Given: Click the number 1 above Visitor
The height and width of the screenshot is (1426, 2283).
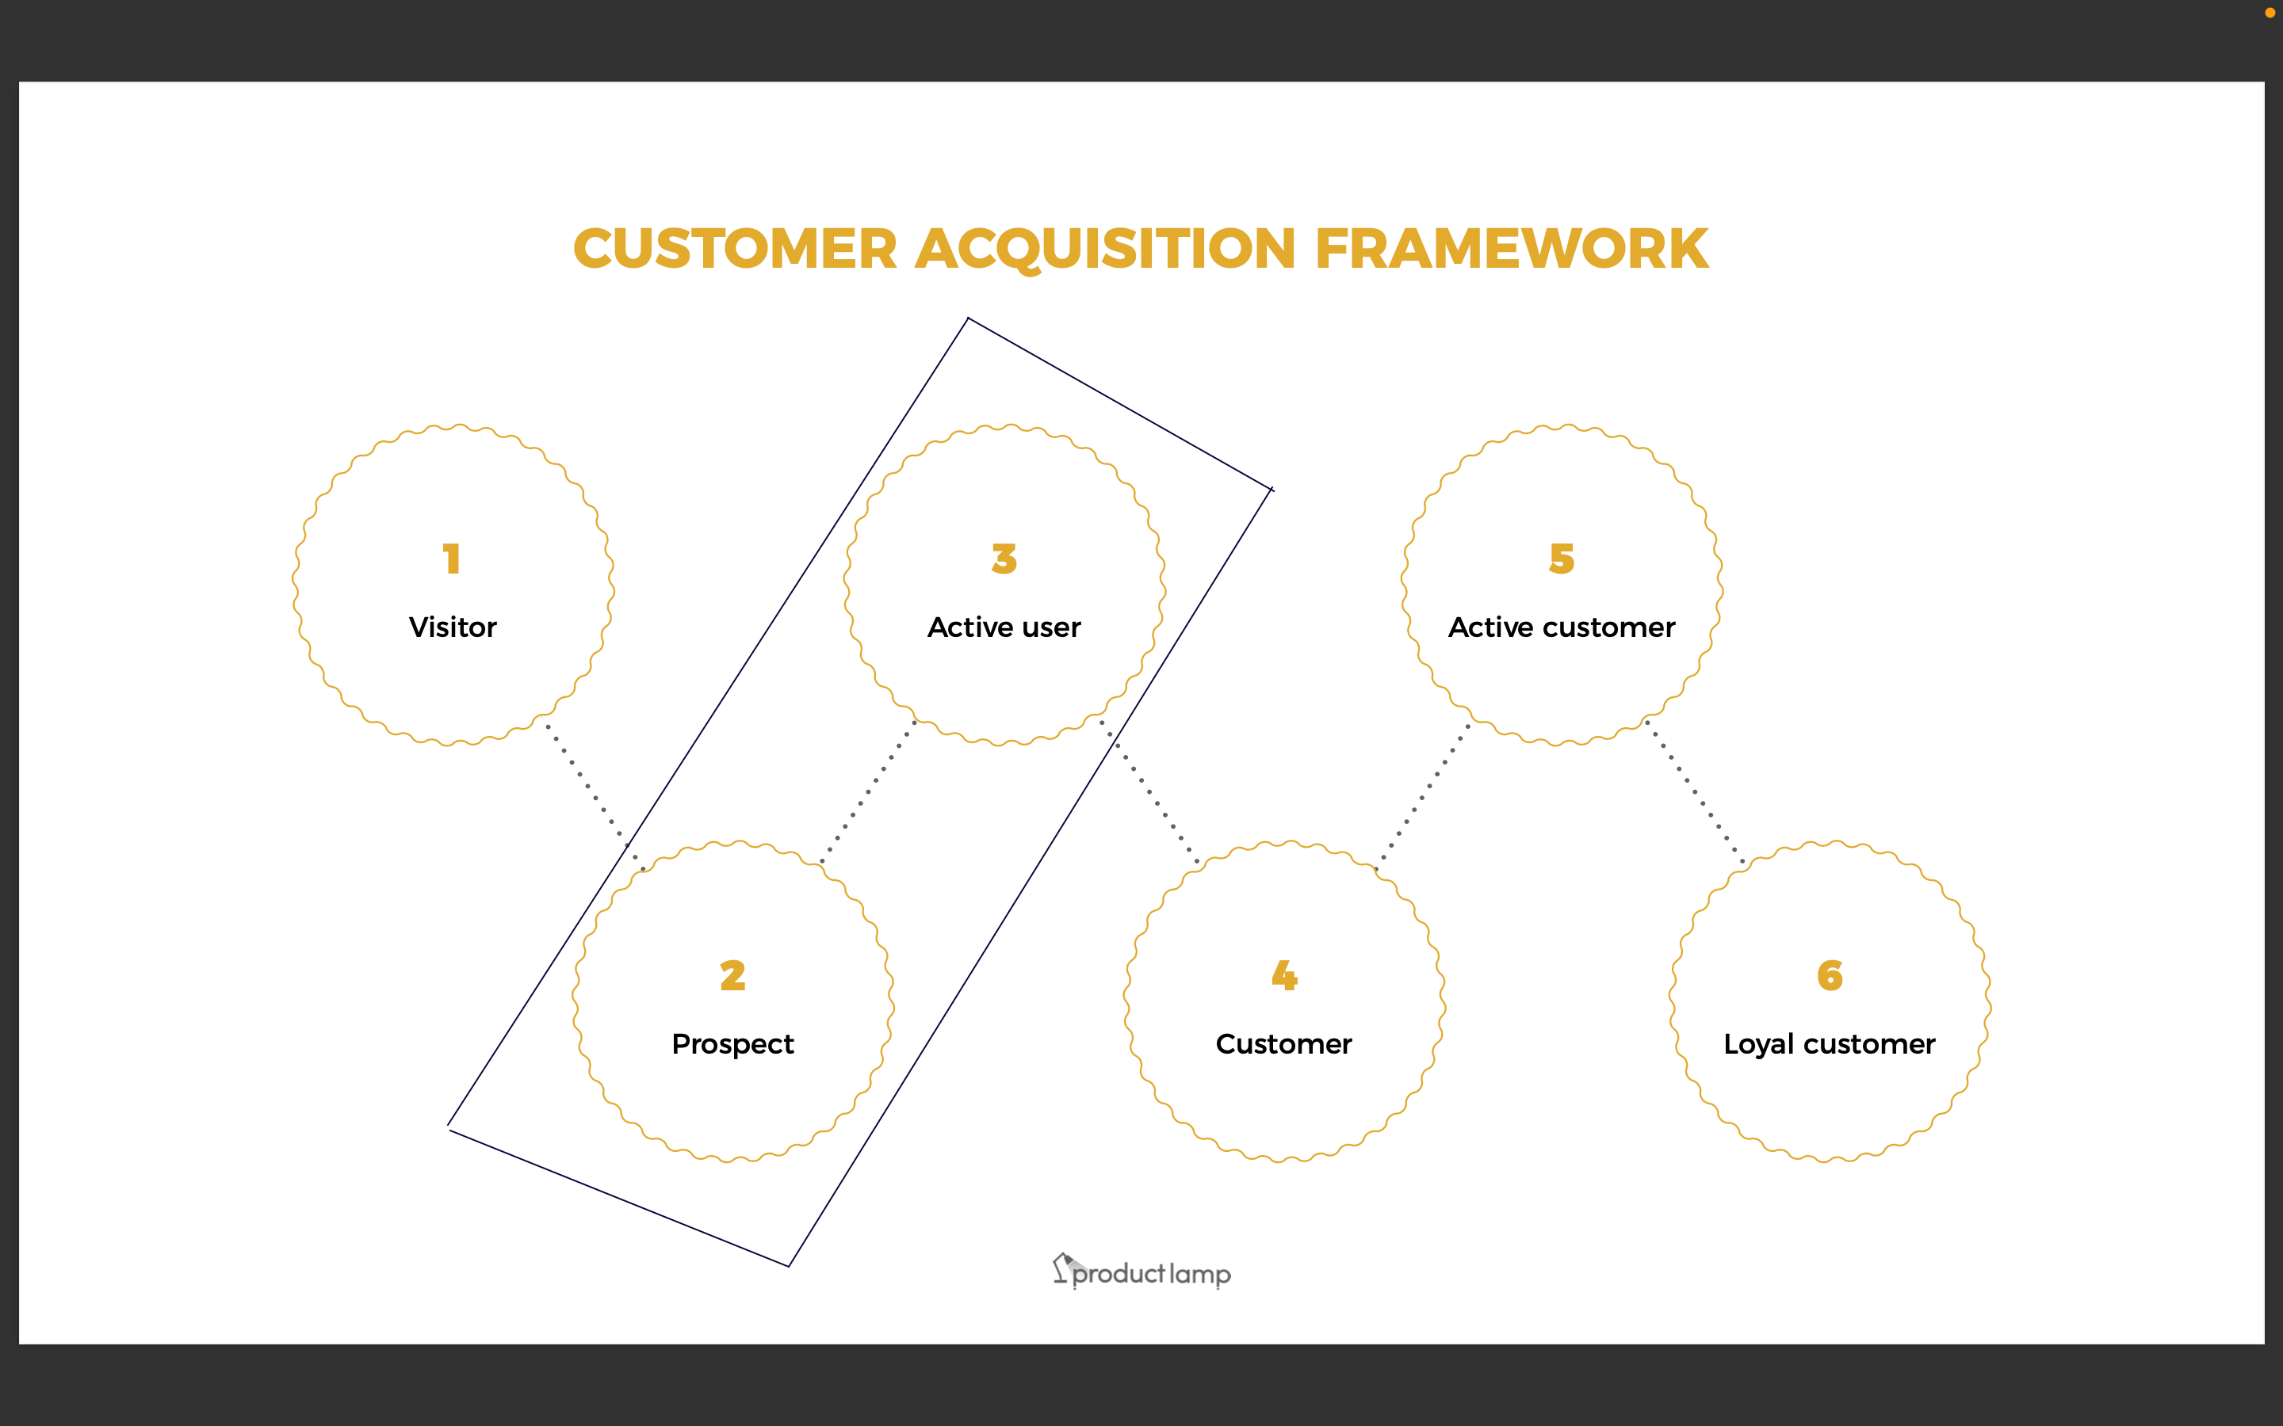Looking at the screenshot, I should [452, 559].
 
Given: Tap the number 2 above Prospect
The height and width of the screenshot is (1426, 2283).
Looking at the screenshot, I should [733, 975].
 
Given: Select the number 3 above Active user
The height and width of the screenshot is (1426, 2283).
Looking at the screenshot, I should [1004, 559].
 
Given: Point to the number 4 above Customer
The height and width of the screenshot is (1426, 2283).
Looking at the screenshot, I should [1284, 975].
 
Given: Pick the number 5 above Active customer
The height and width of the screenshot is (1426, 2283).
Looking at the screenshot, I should [1562, 559].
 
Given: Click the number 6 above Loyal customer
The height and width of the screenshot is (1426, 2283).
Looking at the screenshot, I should [1830, 975].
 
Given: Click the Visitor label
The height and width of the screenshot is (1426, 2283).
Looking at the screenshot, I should [453, 627].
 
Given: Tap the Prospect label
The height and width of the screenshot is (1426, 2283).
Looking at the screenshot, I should [733, 1044].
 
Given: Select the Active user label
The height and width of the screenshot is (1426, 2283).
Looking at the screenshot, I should [1004, 627].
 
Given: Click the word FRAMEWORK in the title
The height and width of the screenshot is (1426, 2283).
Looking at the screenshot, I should [1512, 249].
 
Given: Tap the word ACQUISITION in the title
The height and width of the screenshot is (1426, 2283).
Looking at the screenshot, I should [1106, 249].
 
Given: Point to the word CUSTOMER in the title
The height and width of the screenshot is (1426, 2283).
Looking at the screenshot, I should [735, 249].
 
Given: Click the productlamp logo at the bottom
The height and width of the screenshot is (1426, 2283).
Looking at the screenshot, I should [1142, 1273].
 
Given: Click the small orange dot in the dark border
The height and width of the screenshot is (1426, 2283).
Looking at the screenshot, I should [2270, 12].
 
